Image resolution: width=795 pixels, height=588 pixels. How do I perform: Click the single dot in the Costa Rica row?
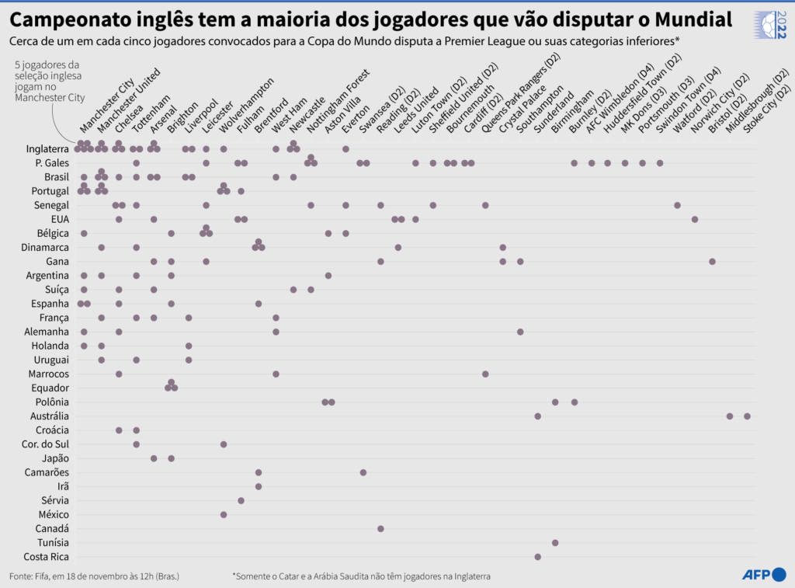click(x=537, y=557)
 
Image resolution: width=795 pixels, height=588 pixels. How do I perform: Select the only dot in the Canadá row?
click(x=380, y=529)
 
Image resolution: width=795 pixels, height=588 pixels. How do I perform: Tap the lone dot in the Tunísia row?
click(x=555, y=543)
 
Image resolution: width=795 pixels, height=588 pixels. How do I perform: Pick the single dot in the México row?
click(x=224, y=515)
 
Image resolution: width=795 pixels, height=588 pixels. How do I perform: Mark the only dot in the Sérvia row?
click(x=241, y=501)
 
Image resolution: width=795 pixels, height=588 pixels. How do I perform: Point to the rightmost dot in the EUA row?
click(x=695, y=219)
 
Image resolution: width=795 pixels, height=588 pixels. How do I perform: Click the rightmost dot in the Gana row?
click(x=712, y=262)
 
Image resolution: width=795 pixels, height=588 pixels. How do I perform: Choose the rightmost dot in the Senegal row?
click(x=677, y=205)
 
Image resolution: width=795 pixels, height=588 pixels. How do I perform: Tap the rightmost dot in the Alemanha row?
click(x=520, y=332)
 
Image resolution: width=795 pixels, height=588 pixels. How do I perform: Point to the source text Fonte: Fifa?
click(x=35, y=576)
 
